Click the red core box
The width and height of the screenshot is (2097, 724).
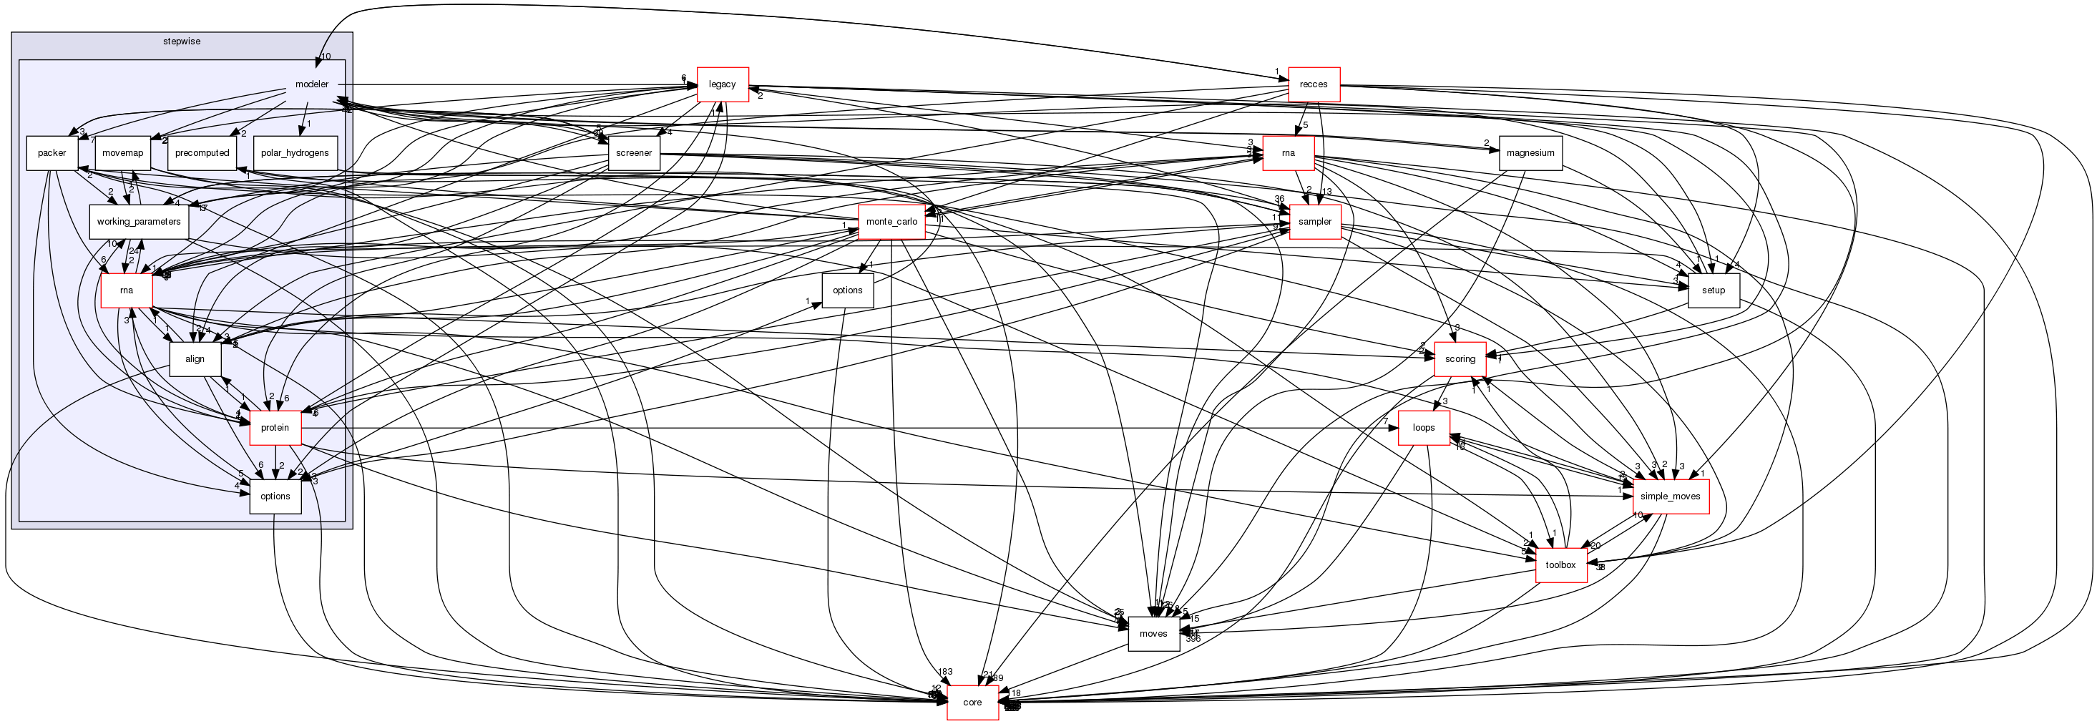[972, 702]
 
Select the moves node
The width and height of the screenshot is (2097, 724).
[1153, 634]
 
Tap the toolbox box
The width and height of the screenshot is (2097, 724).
[1560, 565]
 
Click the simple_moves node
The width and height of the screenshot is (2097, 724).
[1670, 496]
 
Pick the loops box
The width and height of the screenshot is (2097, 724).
[1423, 428]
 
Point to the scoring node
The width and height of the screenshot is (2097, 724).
[1460, 359]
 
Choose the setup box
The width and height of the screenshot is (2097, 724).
[1713, 290]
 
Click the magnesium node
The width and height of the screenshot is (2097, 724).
[1530, 153]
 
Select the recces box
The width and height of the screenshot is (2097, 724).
[1313, 84]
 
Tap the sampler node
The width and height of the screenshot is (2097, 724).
[1315, 222]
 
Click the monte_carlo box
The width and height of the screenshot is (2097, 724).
[891, 222]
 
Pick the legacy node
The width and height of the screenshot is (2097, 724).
[722, 84]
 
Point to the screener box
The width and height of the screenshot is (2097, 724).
[633, 153]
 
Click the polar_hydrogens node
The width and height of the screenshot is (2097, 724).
[295, 153]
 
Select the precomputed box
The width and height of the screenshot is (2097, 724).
[202, 153]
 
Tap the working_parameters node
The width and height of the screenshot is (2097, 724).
[138, 222]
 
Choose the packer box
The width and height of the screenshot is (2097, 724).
[52, 153]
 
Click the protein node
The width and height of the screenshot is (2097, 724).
[275, 428]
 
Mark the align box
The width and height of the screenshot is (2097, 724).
[195, 359]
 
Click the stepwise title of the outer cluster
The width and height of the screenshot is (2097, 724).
[182, 41]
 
